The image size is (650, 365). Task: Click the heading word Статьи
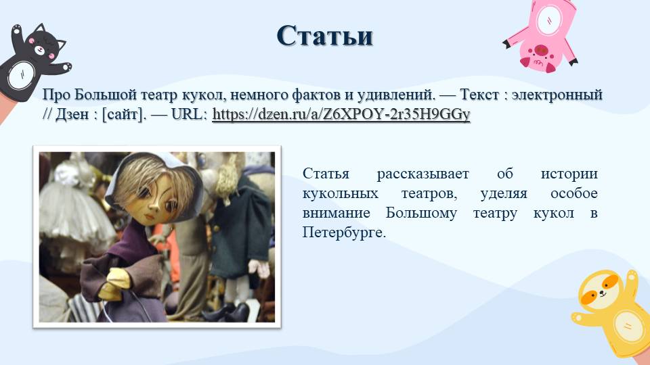click(x=324, y=36)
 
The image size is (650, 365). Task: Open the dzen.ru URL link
click(x=341, y=114)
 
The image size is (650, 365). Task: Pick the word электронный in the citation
click(x=557, y=95)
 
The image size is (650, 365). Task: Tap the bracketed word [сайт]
click(x=124, y=114)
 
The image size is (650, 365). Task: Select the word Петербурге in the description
click(x=344, y=232)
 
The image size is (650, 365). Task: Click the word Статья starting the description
click(x=326, y=174)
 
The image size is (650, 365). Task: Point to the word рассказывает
click(x=422, y=174)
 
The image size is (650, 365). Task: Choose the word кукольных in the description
click(x=341, y=193)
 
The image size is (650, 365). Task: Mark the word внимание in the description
click(x=337, y=213)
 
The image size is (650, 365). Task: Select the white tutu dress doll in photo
click(x=74, y=207)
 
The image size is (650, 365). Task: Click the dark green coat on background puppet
click(x=241, y=224)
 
